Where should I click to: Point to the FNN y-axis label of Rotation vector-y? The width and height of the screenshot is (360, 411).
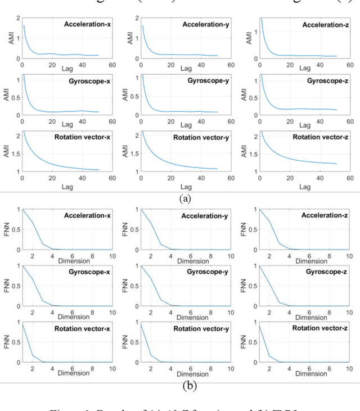[x=127, y=342]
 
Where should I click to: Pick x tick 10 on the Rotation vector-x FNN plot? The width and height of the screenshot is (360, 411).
[x=111, y=368]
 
